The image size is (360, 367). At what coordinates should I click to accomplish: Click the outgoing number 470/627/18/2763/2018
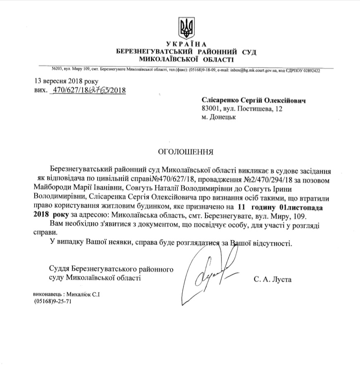tap(87, 90)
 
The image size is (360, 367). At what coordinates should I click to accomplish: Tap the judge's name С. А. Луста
tap(273, 280)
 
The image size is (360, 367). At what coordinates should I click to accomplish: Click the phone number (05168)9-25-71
tap(53, 302)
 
